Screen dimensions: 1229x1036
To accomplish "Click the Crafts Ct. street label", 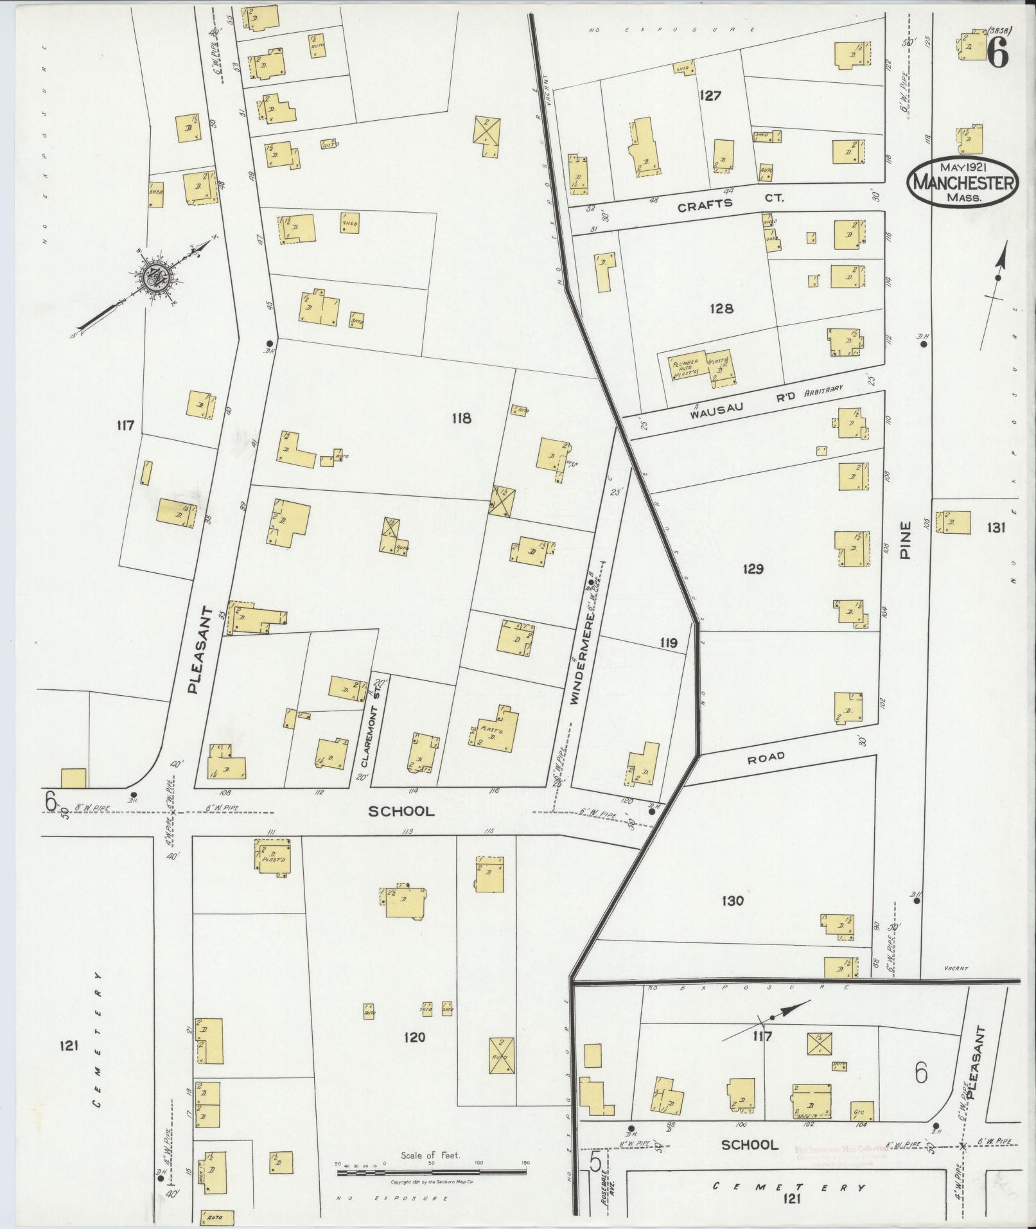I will coord(731,200).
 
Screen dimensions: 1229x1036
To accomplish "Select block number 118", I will coord(461,419).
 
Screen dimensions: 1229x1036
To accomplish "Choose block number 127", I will coord(711,96).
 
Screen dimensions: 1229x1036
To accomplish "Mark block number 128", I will coord(721,309).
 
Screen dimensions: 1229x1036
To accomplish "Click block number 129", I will coord(752,569).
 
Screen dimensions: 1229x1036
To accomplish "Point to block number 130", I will coord(732,901).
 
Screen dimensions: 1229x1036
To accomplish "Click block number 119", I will coord(668,642).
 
